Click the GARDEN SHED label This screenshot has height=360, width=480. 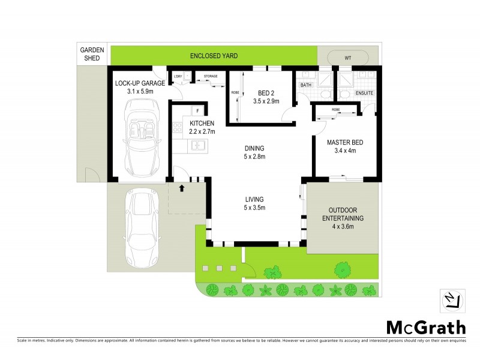pos(92,55)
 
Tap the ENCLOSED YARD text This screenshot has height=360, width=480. pos(214,56)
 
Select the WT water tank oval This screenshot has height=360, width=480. pos(347,57)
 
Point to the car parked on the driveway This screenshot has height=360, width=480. pos(141,228)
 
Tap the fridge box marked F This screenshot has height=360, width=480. pos(197,111)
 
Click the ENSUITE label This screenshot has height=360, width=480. pos(364,93)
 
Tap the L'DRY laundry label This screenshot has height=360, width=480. pos(177,76)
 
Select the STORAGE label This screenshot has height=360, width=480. pos(211,76)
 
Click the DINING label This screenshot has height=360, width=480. pos(254,148)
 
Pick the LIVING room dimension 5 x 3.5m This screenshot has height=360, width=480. pos(254,208)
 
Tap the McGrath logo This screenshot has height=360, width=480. pos(425,327)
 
